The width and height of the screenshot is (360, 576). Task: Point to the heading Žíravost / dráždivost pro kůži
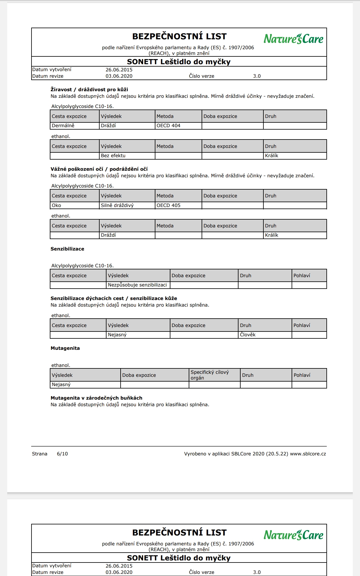point(89,89)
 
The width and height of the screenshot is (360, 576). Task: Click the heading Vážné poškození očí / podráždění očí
point(99,169)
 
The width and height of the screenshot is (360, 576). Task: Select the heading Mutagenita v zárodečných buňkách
point(96,398)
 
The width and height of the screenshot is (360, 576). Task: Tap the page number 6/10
point(62,454)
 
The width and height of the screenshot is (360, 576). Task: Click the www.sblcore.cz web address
point(308,454)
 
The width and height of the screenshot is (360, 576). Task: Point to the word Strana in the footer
point(40,454)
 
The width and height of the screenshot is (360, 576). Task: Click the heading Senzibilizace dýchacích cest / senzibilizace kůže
point(114,298)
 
